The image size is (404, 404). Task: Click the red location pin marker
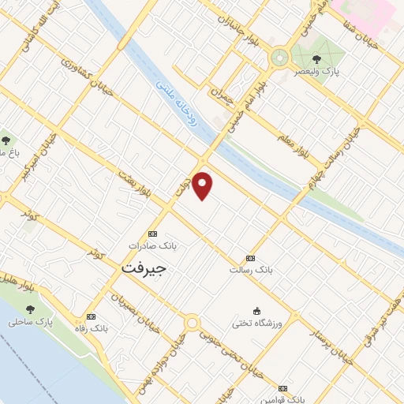coord(204,185)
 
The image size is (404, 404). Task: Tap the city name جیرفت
coord(144,269)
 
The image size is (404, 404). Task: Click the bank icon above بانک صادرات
coord(152,234)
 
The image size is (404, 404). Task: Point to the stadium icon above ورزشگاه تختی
coord(256,311)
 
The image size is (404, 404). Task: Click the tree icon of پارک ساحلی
coord(31,310)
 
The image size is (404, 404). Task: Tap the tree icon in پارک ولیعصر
coord(316,58)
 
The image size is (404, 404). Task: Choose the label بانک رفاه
coord(88,327)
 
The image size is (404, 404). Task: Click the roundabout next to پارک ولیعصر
coord(279,57)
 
